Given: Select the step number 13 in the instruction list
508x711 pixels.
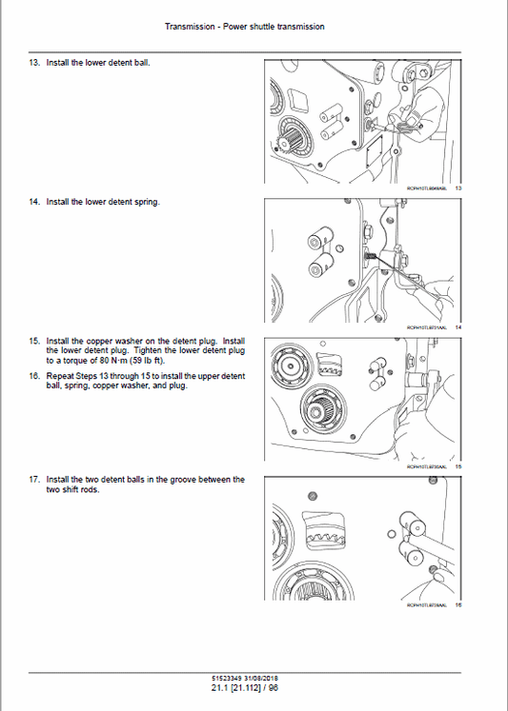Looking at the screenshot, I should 35,63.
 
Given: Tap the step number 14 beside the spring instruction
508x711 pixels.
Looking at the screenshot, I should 35,202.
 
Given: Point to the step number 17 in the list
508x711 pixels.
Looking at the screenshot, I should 35,480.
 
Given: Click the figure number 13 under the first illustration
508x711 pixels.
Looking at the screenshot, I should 457,188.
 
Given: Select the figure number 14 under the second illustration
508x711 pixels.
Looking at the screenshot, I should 457,327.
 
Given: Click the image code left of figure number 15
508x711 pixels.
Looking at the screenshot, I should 427,466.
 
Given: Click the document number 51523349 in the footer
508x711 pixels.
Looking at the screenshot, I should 234,677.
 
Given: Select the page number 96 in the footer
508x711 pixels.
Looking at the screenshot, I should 274,687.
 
